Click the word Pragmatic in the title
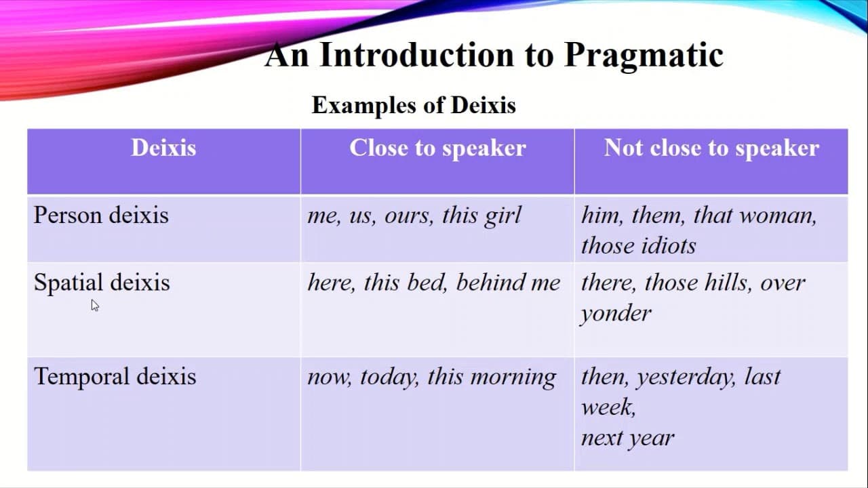click(643, 56)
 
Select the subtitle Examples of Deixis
click(414, 105)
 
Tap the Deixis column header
click(163, 148)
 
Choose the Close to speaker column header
click(437, 148)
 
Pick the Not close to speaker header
click(711, 148)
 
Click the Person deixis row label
click(101, 216)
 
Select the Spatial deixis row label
click(102, 283)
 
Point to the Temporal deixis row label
click(115, 376)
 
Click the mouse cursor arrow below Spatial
click(94, 305)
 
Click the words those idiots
click(638, 245)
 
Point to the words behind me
click(508, 283)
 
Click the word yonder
click(616, 313)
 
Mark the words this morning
click(492, 377)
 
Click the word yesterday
click(686, 377)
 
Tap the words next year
click(627, 438)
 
